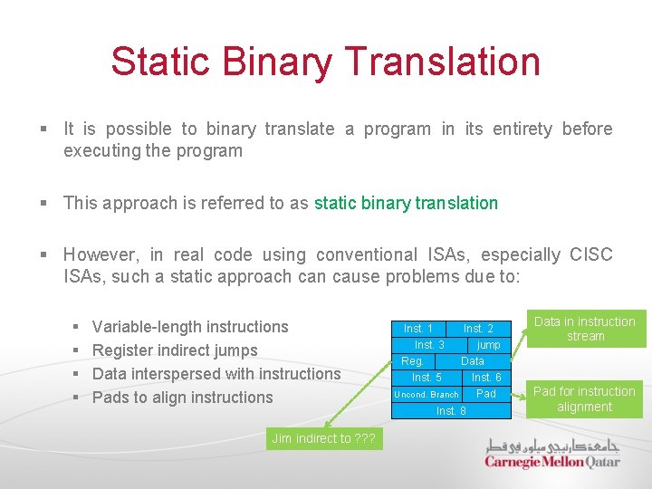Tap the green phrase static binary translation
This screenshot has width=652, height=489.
(x=406, y=203)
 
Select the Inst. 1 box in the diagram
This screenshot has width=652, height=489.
(x=417, y=329)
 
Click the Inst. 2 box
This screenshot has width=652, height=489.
(x=478, y=329)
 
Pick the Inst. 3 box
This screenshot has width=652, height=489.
(x=429, y=345)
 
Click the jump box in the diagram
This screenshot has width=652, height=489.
(x=489, y=345)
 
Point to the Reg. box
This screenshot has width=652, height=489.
(x=412, y=361)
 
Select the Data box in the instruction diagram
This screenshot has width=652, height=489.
(x=473, y=361)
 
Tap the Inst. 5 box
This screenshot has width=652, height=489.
(x=427, y=378)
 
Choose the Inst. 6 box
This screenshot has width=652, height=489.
(x=486, y=378)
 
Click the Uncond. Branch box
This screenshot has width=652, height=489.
(x=426, y=394)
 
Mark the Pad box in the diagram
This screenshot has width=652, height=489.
(x=486, y=394)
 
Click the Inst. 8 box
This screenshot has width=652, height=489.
(x=451, y=410)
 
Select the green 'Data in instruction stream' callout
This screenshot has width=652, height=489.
(x=585, y=329)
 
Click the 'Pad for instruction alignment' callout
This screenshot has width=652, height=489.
(x=584, y=399)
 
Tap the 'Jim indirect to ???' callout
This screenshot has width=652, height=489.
(x=324, y=438)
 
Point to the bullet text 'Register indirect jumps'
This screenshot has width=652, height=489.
(x=175, y=350)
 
